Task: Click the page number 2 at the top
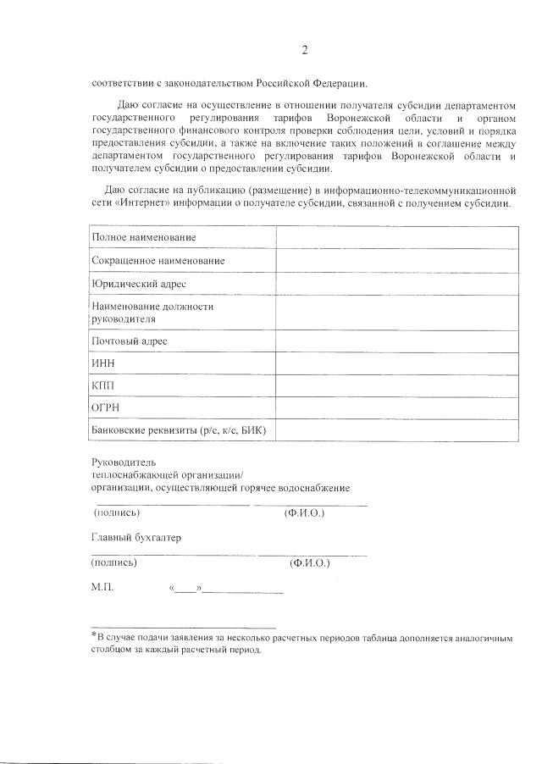[305, 50]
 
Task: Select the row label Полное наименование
[143, 238]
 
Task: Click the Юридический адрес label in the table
[138, 283]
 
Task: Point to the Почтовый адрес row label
[129, 340]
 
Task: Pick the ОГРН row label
[105, 407]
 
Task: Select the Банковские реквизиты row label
[178, 430]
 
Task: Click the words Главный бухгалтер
[135, 538]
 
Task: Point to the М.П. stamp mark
[102, 587]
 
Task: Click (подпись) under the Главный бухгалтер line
[113, 562]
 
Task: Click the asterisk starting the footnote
[94, 634]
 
